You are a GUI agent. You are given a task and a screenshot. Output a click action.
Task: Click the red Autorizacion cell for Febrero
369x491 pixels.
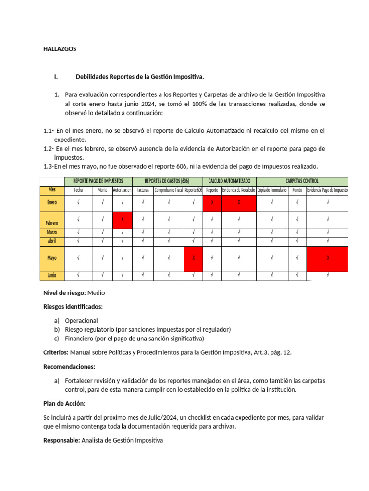[123, 219]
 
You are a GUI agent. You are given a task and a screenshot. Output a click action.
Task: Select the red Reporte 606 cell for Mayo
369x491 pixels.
[193, 258]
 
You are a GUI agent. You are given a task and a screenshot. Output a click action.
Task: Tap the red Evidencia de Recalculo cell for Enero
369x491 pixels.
[238, 202]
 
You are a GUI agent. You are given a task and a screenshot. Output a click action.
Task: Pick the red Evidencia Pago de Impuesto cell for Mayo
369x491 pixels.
[328, 258]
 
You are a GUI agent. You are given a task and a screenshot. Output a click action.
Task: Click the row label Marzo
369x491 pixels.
[52, 233]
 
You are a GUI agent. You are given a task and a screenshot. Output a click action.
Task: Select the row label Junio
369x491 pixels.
[52, 275]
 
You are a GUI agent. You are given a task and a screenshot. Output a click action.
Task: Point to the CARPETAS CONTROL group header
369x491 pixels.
[302, 181]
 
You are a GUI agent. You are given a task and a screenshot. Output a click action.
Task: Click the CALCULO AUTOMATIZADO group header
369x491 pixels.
[229, 181]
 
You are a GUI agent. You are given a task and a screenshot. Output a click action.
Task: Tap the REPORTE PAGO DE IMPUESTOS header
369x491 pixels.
[98, 181]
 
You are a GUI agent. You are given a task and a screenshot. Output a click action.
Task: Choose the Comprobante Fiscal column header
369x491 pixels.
[168, 190]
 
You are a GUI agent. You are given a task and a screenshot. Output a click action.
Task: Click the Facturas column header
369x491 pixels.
[143, 190]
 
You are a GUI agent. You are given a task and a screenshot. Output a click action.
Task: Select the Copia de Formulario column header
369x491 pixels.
[272, 190]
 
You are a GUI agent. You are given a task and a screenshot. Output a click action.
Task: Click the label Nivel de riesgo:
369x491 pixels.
[64, 292]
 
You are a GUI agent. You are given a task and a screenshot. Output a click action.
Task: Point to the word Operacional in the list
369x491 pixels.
[81, 320]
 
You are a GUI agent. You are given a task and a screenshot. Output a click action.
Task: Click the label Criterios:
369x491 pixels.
[56, 352]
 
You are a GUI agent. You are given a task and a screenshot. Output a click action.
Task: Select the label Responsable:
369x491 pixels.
[61, 440]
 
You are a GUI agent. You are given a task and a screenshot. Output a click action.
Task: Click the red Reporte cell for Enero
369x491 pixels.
[212, 202]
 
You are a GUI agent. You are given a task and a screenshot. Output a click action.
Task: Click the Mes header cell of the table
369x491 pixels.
[52, 190]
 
